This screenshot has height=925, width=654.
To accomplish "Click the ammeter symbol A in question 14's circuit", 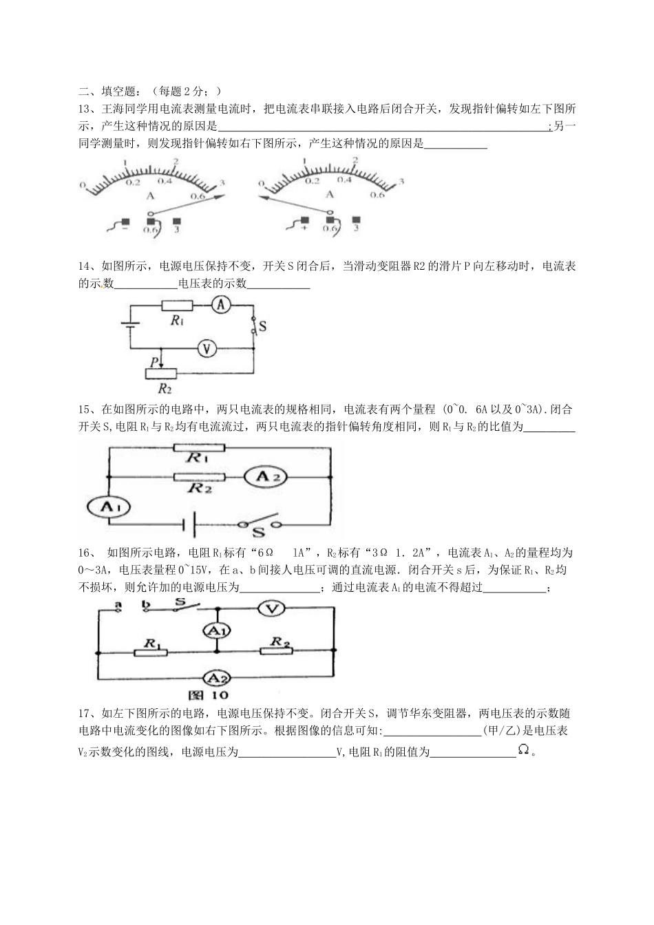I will [x=219, y=306].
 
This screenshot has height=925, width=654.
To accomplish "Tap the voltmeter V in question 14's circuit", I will [x=204, y=349].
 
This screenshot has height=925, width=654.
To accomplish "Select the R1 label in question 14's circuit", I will [x=177, y=320].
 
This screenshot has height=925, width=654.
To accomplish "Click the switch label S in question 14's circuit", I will [x=262, y=328].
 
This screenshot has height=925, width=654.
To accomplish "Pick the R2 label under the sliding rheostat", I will [x=164, y=387].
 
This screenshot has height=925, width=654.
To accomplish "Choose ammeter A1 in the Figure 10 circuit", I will [x=218, y=630].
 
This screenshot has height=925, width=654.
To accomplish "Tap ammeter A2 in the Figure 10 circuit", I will [x=217, y=678].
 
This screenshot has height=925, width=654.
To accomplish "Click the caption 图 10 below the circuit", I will [x=218, y=695].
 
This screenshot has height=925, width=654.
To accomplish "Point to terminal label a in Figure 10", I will [x=118, y=605].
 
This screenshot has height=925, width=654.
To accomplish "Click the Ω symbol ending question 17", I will [x=524, y=752].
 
